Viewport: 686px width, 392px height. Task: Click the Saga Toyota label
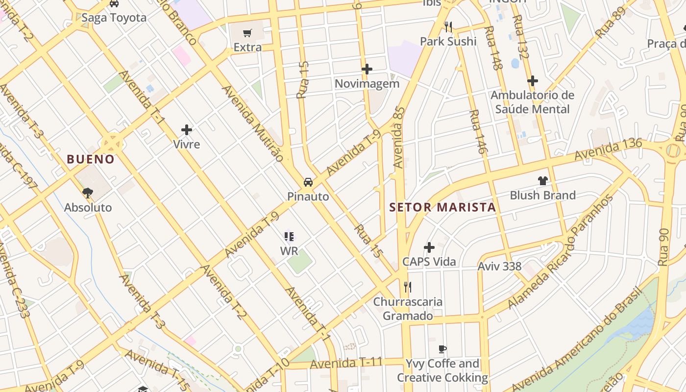(x=114, y=18)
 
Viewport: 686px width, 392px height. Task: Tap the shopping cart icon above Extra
(x=247, y=33)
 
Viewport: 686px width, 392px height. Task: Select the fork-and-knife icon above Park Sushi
(x=448, y=26)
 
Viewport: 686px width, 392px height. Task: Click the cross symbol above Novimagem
(x=367, y=69)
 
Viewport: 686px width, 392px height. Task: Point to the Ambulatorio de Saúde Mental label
(x=532, y=102)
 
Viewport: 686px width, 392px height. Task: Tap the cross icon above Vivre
(x=187, y=130)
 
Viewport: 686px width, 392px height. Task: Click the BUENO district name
(x=91, y=159)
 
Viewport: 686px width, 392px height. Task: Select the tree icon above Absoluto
(x=88, y=193)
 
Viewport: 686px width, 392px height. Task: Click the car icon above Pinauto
(x=308, y=182)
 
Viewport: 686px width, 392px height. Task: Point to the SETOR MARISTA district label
(x=442, y=207)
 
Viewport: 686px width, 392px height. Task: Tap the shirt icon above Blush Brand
(x=542, y=181)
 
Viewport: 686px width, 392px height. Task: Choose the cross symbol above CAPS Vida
(x=429, y=247)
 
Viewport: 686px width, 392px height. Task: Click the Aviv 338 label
(x=499, y=266)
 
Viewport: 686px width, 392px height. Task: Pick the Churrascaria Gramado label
(x=408, y=309)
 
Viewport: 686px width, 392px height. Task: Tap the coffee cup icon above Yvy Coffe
(x=442, y=349)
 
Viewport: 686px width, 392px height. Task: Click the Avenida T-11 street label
(x=346, y=363)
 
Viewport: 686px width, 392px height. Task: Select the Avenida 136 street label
(x=608, y=149)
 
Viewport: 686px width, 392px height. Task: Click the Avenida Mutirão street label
(x=253, y=123)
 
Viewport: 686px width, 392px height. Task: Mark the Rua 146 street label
(x=477, y=132)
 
